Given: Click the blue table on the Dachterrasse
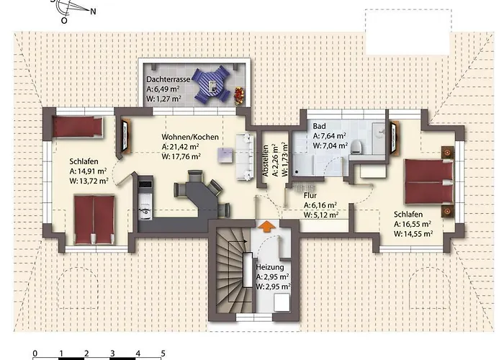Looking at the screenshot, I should coord(214,84).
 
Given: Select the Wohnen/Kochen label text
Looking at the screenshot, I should coord(190,137).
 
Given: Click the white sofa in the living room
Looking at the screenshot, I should coord(245,148).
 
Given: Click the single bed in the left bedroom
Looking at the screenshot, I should coord(76,127).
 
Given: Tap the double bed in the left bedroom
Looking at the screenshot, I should coord(94,217).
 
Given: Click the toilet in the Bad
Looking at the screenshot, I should coord(356,147).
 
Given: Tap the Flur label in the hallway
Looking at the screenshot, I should coord(311,193).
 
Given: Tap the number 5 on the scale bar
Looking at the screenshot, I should coord(163,354).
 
